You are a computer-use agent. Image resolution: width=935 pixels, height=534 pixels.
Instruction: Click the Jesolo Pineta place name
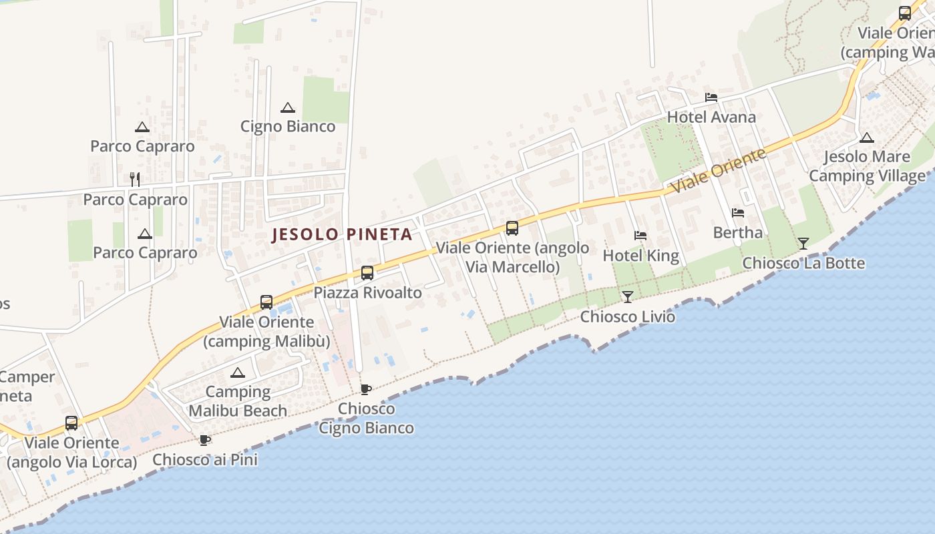pyautogui.click(x=342, y=234)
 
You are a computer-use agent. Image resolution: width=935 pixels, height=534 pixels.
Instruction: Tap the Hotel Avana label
pyautogui.click(x=711, y=117)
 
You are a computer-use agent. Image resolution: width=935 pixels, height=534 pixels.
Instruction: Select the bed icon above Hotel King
pyautogui.click(x=640, y=236)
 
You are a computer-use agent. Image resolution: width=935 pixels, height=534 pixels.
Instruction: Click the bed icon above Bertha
pyautogui.click(x=738, y=213)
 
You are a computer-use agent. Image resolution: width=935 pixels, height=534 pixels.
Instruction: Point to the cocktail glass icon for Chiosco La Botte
pyautogui.click(x=803, y=244)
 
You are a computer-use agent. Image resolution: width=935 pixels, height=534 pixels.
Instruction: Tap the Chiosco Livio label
pyautogui.click(x=627, y=316)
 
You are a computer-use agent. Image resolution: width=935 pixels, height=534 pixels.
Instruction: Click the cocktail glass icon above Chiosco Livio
pyautogui.click(x=627, y=297)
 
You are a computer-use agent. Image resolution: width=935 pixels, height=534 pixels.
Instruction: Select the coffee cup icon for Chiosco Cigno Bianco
pyautogui.click(x=365, y=389)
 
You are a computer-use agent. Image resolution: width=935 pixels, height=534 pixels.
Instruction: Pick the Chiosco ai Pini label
pyautogui.click(x=205, y=459)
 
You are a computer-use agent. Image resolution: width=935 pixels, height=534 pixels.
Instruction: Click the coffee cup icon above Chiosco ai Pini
pyautogui.click(x=205, y=440)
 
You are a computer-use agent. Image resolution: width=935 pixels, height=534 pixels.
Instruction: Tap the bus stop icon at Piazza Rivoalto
pyautogui.click(x=367, y=273)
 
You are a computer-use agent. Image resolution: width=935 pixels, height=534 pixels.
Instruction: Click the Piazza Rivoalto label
pyautogui.click(x=367, y=292)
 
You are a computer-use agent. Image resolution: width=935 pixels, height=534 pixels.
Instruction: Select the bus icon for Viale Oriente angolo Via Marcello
pyautogui.click(x=512, y=228)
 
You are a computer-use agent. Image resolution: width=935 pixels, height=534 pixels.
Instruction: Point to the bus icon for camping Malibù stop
pyautogui.click(x=266, y=302)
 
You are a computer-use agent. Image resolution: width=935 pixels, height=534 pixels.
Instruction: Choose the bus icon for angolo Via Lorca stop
pyautogui.click(x=71, y=423)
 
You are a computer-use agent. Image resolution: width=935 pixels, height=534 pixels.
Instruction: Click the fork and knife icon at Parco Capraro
pyautogui.click(x=135, y=179)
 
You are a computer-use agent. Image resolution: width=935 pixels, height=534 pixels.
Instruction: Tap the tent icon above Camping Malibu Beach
pyautogui.click(x=237, y=372)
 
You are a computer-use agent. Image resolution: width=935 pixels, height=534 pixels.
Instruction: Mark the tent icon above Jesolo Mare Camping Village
pyautogui.click(x=866, y=138)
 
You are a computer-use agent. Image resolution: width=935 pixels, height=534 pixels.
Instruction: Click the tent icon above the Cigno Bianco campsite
pyautogui.click(x=288, y=107)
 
